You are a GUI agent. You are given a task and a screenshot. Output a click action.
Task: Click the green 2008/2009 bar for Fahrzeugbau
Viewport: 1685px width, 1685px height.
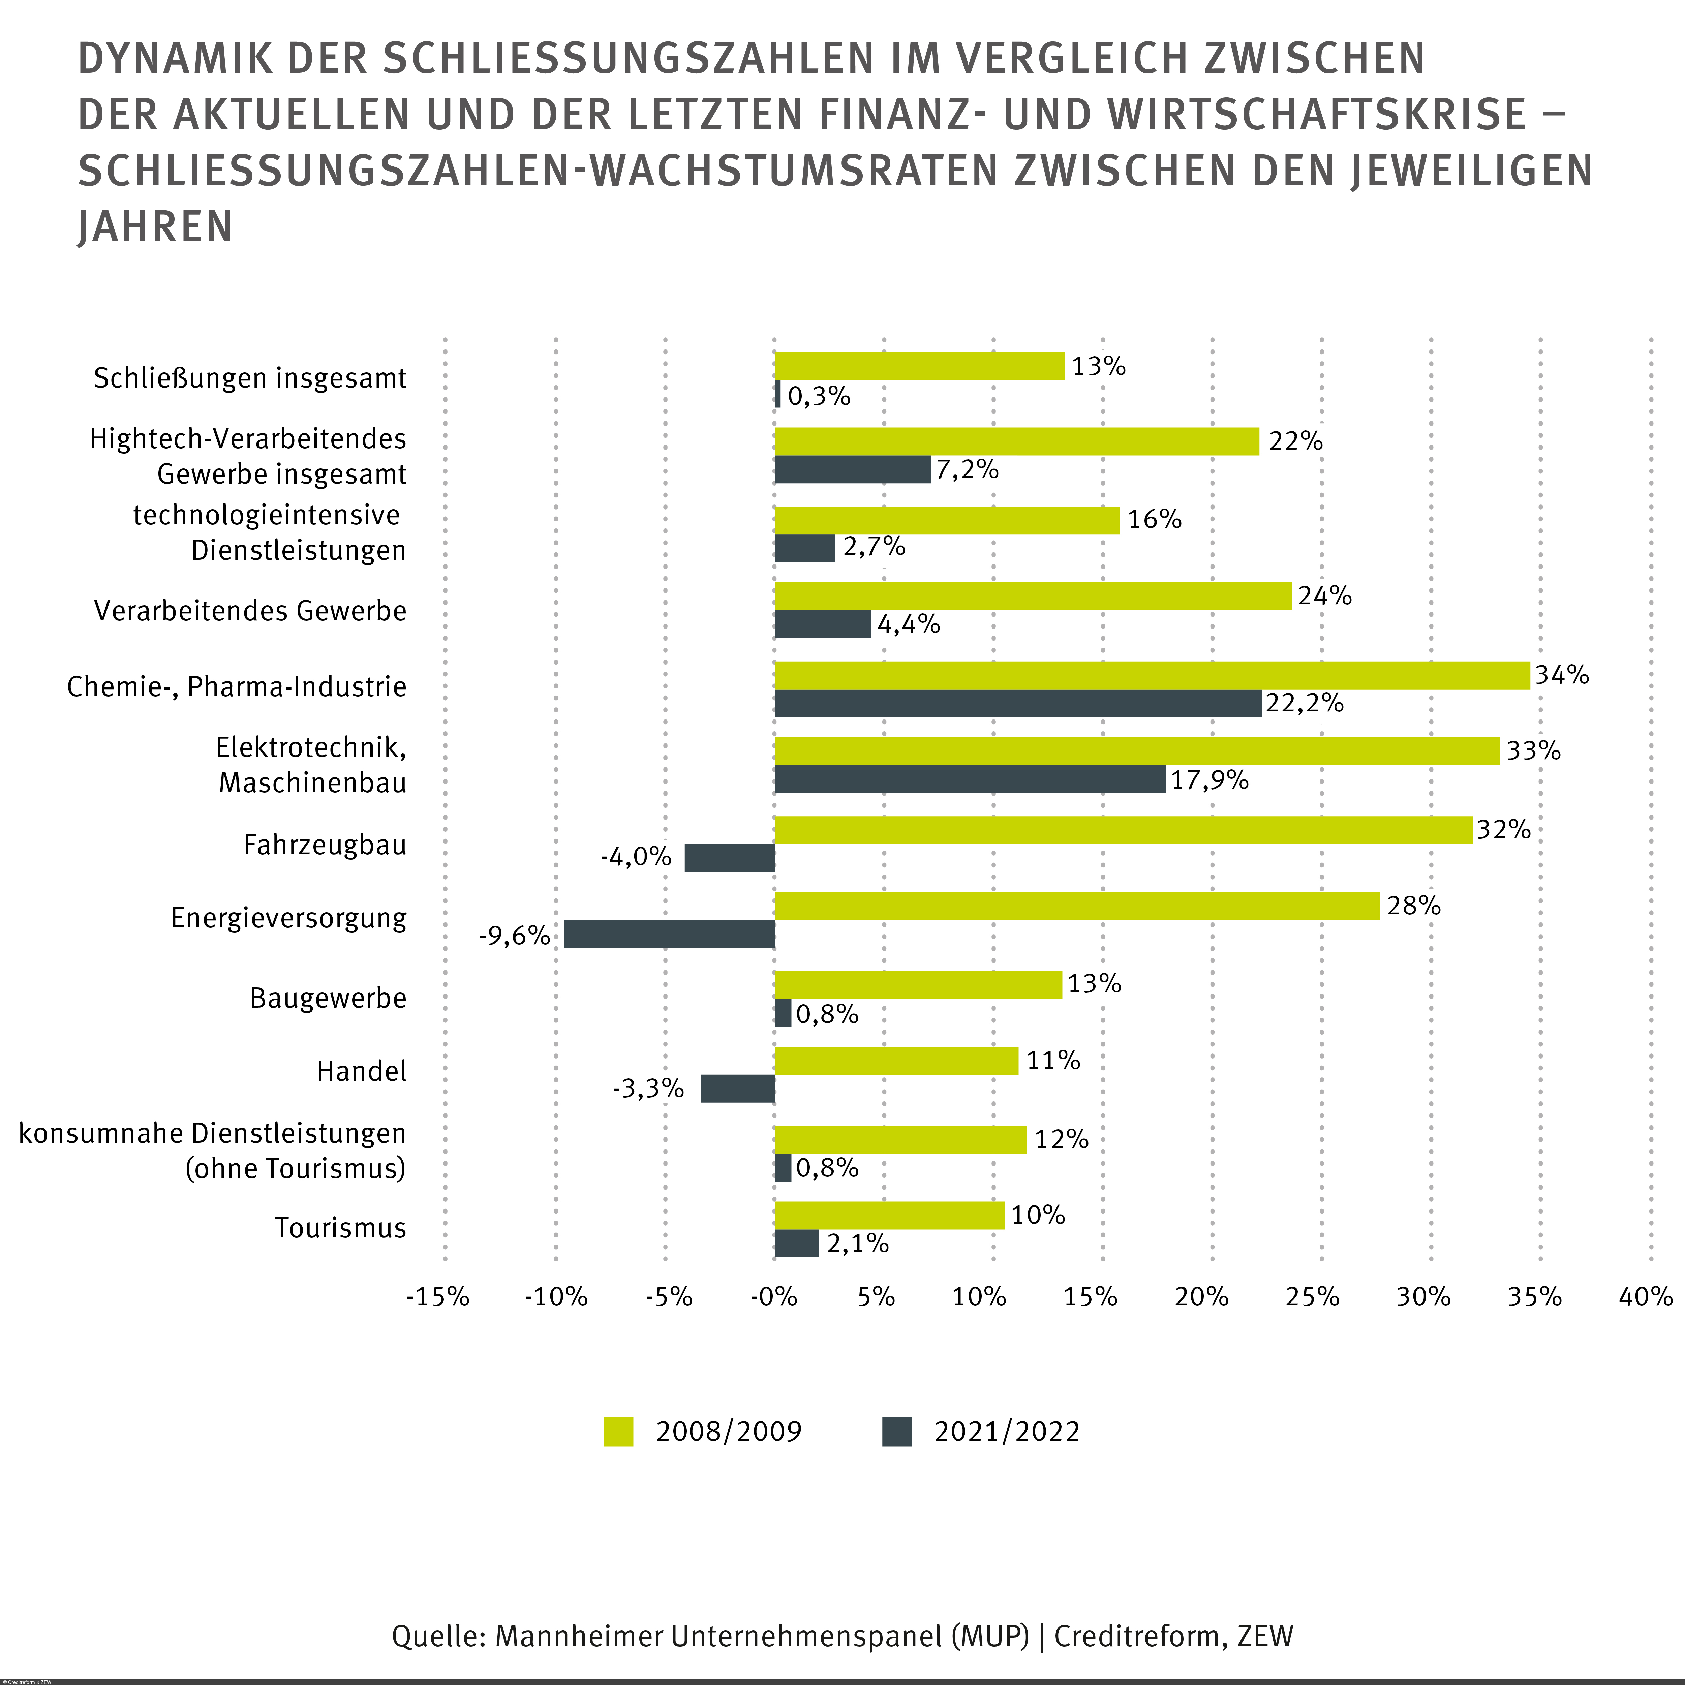pyautogui.click(x=1123, y=830)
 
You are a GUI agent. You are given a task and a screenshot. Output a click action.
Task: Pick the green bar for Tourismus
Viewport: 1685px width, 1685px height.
pyautogui.click(x=890, y=1216)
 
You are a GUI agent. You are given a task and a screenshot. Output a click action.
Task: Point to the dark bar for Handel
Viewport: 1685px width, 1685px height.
pyautogui.click(x=738, y=1089)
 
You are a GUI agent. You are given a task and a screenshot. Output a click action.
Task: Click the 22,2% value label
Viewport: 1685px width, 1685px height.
pyautogui.click(x=1305, y=703)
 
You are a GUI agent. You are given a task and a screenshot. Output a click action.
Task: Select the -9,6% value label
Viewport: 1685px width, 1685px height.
pyautogui.click(x=515, y=936)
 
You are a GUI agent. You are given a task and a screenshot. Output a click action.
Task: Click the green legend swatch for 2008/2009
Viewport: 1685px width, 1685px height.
pyautogui.click(x=618, y=1432)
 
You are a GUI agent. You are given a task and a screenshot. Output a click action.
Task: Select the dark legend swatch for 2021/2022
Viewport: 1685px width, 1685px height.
pyautogui.click(x=896, y=1432)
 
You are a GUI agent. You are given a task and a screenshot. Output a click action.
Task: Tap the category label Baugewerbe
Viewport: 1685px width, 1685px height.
pyautogui.click(x=328, y=998)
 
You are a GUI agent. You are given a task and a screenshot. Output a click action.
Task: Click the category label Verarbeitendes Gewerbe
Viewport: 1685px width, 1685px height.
pyautogui.click(x=250, y=611)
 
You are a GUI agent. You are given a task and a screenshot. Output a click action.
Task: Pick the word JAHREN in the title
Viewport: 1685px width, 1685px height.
pyautogui.click(x=155, y=227)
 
